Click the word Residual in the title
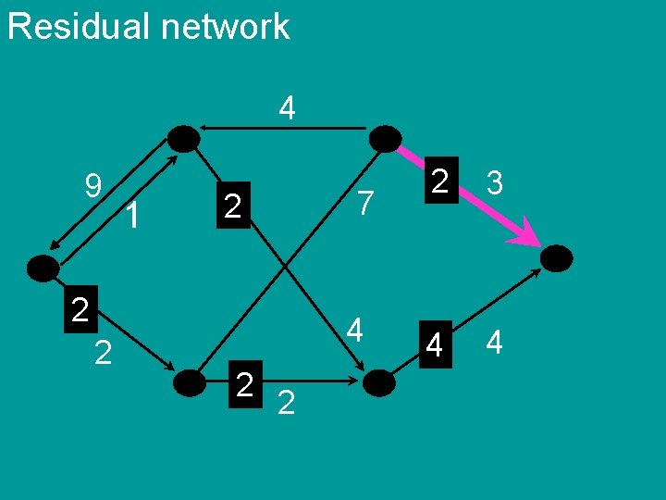point(79,26)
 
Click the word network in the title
point(226,26)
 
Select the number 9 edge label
point(92,187)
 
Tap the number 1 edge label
point(135,217)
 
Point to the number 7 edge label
point(365,203)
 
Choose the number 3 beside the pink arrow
point(495,183)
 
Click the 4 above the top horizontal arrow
point(288,109)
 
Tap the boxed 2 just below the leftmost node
point(80,309)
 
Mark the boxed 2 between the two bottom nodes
point(244,382)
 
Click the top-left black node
point(184,138)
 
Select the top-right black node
point(385,138)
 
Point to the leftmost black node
point(42,269)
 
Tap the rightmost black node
point(557,257)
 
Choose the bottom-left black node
point(191,381)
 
